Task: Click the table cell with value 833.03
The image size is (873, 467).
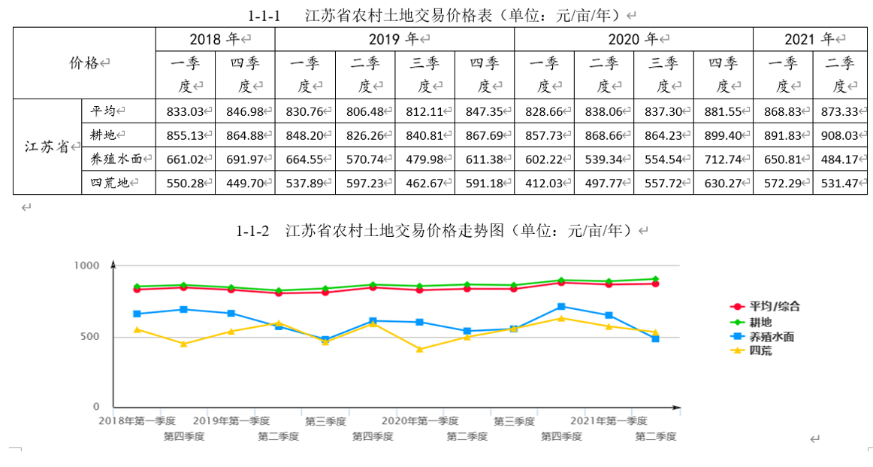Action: pos(186,111)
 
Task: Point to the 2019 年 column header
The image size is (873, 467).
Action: pos(394,39)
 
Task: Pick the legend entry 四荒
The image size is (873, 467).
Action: pos(760,350)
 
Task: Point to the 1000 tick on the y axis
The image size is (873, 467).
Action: pos(86,265)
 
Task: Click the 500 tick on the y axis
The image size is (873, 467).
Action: pos(90,336)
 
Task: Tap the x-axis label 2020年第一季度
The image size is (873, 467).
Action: pos(420,420)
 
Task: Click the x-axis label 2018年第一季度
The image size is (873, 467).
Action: pos(137,420)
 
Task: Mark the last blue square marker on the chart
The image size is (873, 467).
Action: pos(655,339)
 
